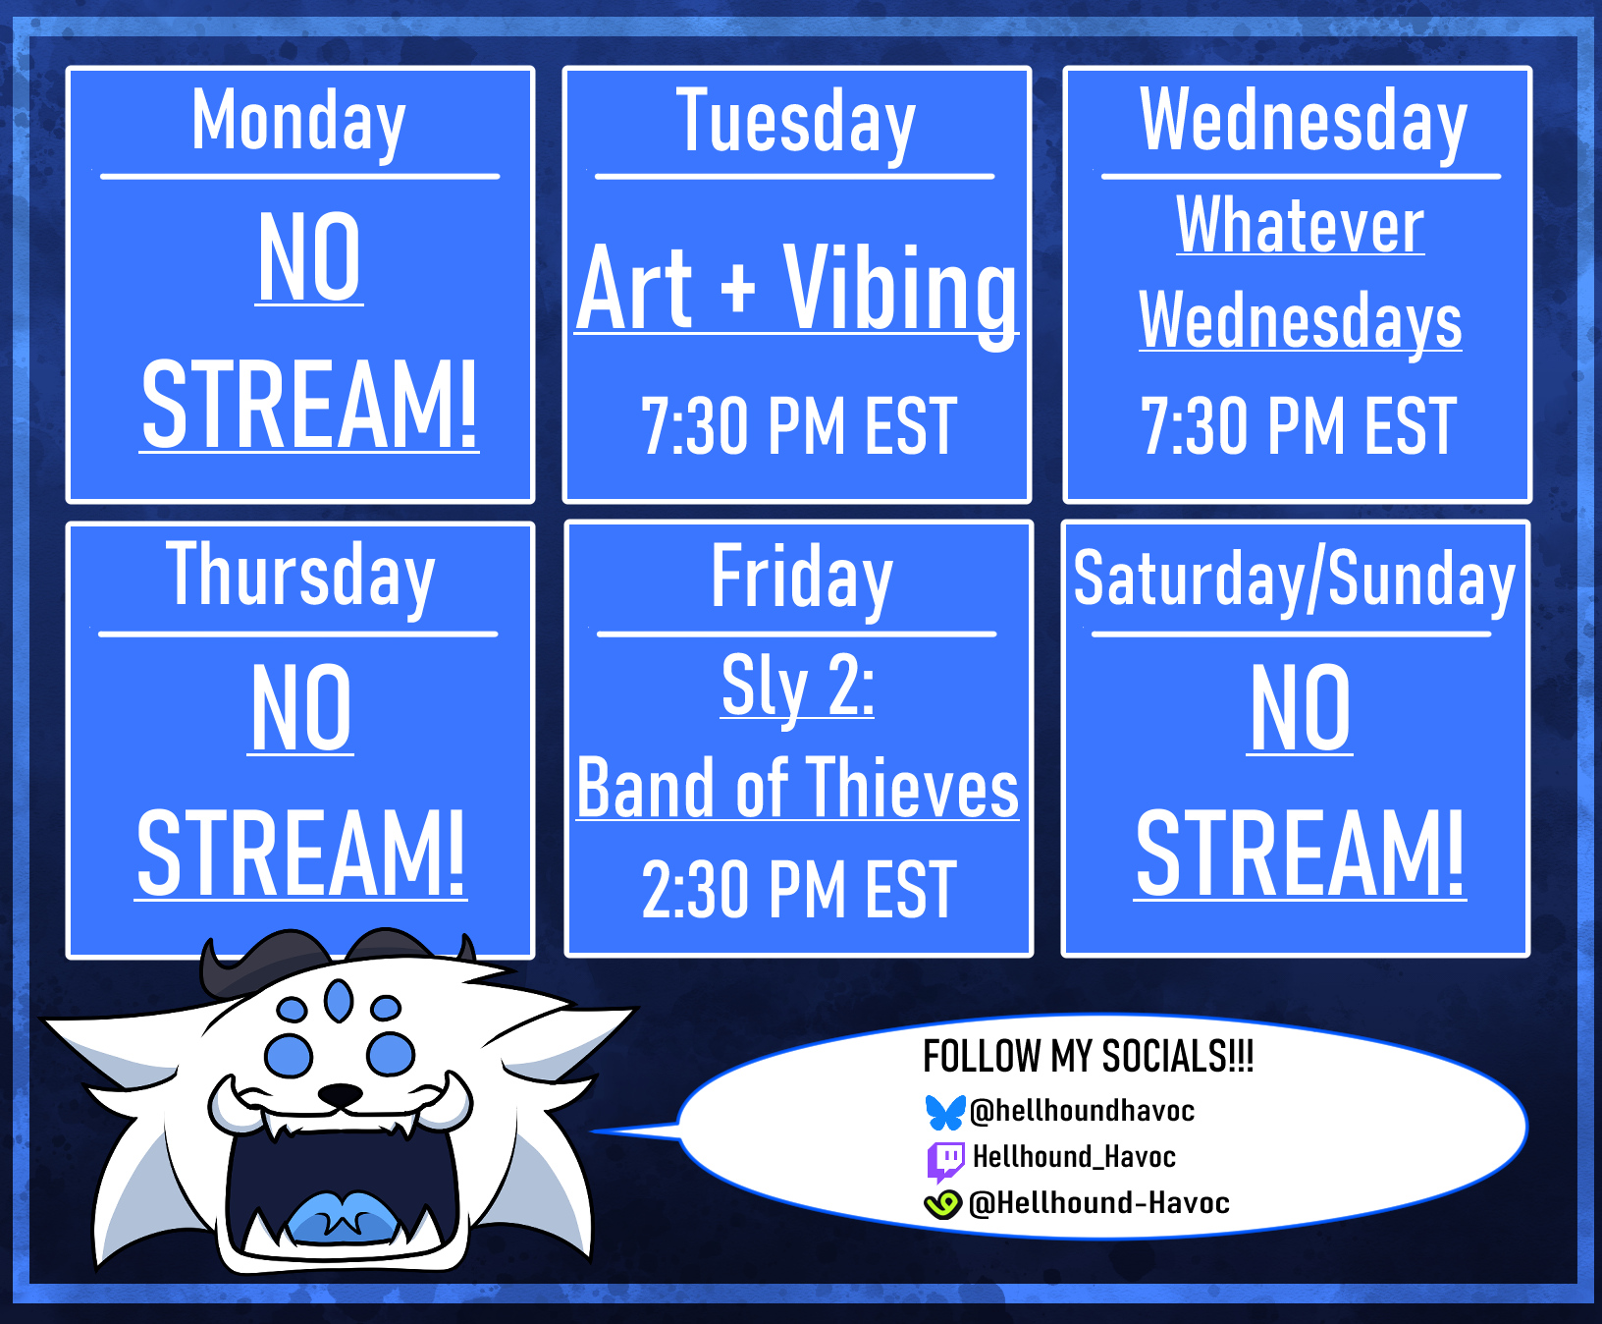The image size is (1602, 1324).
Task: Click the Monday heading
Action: tap(299, 123)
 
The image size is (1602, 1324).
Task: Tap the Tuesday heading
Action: tap(796, 123)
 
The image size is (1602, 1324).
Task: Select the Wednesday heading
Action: tap(1304, 123)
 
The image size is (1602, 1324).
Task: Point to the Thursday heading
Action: tap(300, 578)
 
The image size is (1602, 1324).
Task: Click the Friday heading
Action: tap(802, 579)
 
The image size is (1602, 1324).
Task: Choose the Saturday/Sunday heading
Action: tap(1295, 579)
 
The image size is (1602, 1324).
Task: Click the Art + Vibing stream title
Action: tap(797, 291)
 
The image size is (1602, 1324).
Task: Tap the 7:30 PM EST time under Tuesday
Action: tap(799, 426)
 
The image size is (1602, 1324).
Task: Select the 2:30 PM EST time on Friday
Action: tap(799, 890)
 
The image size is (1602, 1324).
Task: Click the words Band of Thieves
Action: tap(798, 788)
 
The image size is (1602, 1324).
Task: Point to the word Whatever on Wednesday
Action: tap(1301, 225)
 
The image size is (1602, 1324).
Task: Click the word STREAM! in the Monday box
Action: tap(309, 405)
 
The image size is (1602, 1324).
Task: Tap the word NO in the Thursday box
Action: tap(301, 708)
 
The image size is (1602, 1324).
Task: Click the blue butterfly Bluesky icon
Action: tap(945, 1112)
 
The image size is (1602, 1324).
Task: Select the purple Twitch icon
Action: tap(946, 1161)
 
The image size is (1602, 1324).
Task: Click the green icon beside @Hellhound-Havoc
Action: tap(942, 1204)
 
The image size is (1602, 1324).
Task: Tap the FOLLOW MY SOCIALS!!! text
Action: tap(1089, 1057)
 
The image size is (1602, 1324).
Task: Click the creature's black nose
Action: tap(341, 1094)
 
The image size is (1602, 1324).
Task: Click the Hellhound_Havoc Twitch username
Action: tap(1074, 1157)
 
